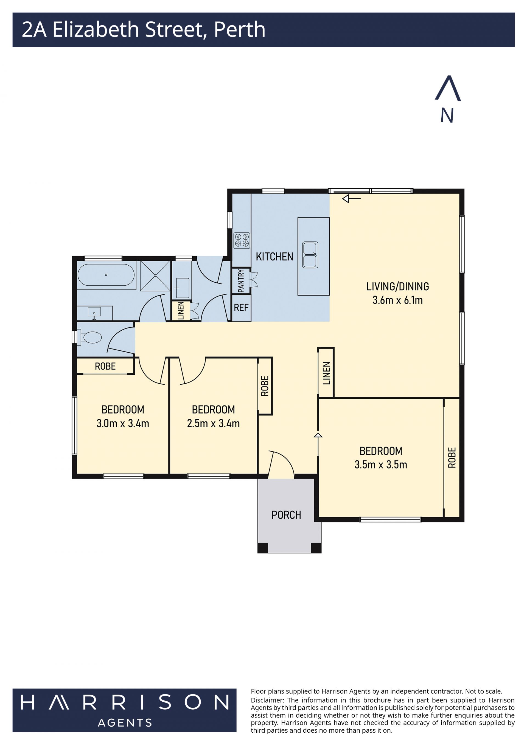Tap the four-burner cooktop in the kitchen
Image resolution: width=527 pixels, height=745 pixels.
[x=242, y=240]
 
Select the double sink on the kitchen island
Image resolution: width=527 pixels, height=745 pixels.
[x=310, y=255]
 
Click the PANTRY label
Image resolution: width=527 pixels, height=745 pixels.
[x=241, y=281]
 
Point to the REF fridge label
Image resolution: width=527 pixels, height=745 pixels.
[x=241, y=307]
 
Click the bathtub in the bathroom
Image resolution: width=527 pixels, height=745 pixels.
[x=106, y=275]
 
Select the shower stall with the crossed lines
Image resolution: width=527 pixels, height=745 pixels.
[x=155, y=275]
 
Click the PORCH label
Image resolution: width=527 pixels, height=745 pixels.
[x=286, y=515]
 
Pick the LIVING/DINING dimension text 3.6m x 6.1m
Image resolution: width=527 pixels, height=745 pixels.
[x=397, y=300]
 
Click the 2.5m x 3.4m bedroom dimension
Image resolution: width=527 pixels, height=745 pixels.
[x=213, y=423]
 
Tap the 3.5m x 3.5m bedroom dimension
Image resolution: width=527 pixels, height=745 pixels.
[x=381, y=465]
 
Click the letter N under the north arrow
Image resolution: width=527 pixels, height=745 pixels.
[x=447, y=115]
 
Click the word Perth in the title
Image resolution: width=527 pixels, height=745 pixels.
[x=240, y=30]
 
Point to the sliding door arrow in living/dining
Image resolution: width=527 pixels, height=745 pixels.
[x=351, y=199]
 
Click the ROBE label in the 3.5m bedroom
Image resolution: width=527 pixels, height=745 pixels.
[x=452, y=457]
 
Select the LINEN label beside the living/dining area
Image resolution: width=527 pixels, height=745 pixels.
[x=326, y=373]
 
